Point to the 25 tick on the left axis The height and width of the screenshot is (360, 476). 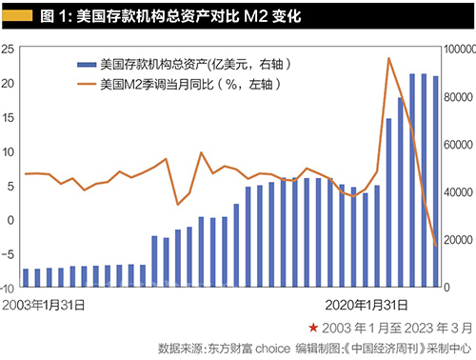10,49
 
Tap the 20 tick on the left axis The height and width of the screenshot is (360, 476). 10,83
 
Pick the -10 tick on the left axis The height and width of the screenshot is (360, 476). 9,287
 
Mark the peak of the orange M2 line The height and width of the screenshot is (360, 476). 388,59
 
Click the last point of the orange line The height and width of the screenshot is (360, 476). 436,246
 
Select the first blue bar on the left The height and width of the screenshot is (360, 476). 26,277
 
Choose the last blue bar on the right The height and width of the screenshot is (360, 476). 436,181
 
